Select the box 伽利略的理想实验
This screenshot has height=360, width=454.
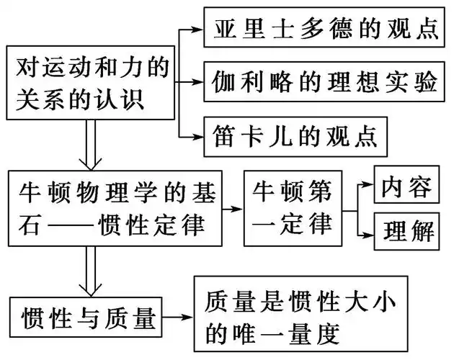point(325,82)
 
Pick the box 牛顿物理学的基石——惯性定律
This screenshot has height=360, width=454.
point(115,207)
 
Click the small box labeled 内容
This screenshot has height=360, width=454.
point(406,186)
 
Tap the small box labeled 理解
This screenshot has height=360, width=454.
point(406,231)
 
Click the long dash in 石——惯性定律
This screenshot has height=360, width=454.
point(65,225)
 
